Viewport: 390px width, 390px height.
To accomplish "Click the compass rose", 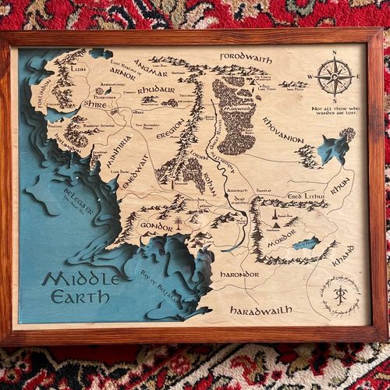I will [x=334, y=76].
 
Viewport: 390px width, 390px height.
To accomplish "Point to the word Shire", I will [x=94, y=104].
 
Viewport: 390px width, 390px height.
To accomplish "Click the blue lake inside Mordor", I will [x=306, y=243].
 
